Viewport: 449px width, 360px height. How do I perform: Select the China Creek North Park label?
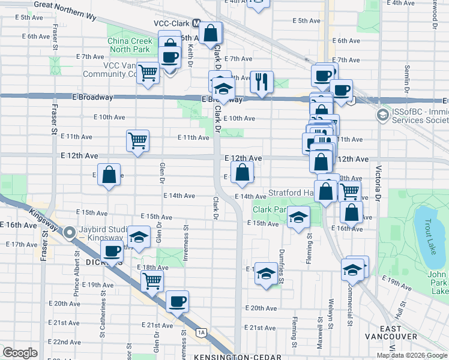pyautogui.click(x=130, y=45)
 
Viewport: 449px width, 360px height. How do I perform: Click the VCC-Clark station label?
pyautogui.click(x=167, y=23)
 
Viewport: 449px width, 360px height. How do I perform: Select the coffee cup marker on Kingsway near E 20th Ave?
pyautogui.click(x=176, y=301)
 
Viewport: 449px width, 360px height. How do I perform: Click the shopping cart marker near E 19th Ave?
pyautogui.click(x=152, y=280)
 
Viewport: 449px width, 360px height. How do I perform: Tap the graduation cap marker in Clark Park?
pyautogui.click(x=298, y=217)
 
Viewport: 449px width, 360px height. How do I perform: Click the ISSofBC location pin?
pyautogui.click(x=382, y=115)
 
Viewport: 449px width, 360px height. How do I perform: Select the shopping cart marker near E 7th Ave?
pyautogui.click(x=148, y=73)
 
